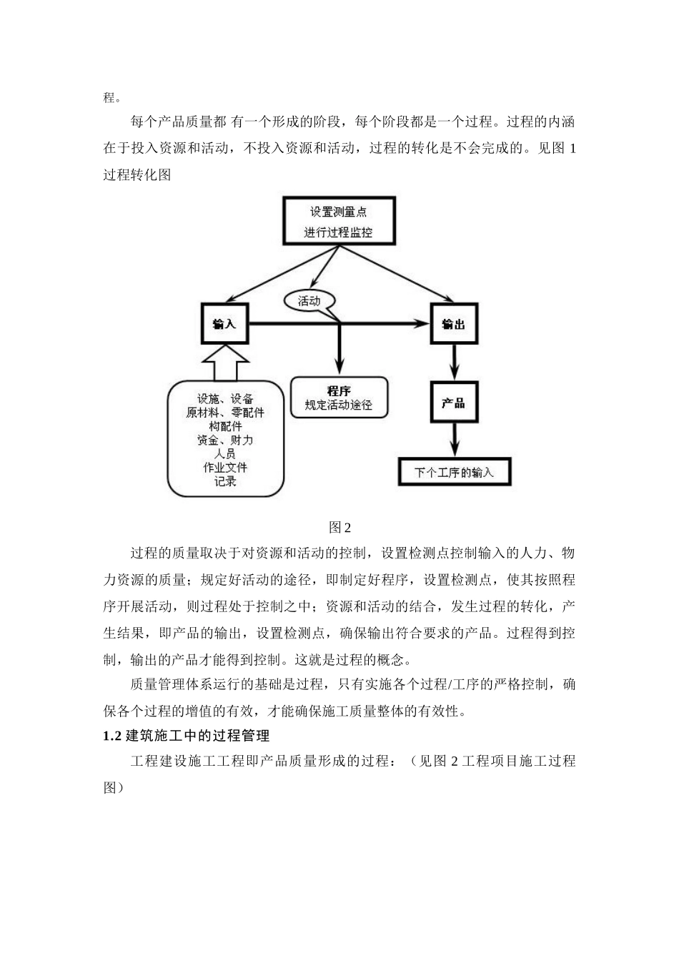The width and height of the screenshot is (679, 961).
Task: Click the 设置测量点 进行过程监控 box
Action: click(338, 222)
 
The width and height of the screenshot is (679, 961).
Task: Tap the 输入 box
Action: click(224, 324)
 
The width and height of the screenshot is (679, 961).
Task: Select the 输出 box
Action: click(453, 324)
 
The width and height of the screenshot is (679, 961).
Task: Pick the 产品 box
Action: click(453, 403)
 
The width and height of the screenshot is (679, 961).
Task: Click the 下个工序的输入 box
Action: click(454, 473)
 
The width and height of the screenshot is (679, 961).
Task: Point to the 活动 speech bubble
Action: click(309, 301)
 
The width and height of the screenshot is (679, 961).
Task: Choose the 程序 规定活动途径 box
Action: click(339, 398)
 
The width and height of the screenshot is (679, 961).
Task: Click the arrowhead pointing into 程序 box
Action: click(339, 368)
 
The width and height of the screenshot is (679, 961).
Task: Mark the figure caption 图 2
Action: click(339, 528)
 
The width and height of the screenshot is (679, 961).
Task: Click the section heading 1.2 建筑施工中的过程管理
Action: click(187, 736)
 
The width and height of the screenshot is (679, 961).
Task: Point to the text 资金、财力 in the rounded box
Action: click(225, 440)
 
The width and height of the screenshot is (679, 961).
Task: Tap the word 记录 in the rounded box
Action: click(225, 481)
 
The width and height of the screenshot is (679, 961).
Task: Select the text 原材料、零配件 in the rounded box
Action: click(225, 413)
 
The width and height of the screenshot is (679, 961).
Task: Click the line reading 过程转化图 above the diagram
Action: click(137, 175)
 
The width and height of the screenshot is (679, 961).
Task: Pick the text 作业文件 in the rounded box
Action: click(225, 468)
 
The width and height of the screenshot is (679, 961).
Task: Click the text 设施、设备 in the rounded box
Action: click(225, 399)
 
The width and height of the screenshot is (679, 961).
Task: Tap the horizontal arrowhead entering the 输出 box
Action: click(420, 324)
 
